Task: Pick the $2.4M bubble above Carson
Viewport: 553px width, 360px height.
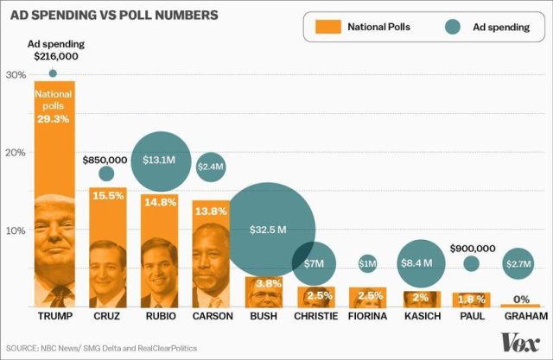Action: coord(211,166)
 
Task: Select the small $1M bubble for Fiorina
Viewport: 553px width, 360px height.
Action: coord(367,263)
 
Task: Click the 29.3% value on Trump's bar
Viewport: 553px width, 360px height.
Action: coord(54,118)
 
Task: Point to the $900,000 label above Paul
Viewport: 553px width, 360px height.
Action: coord(472,248)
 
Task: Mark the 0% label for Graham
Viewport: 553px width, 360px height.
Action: coord(521,299)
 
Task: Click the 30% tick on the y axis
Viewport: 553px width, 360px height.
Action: coord(15,74)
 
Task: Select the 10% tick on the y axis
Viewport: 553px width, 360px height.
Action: coord(15,231)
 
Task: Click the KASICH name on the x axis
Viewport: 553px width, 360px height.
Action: coord(420,318)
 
